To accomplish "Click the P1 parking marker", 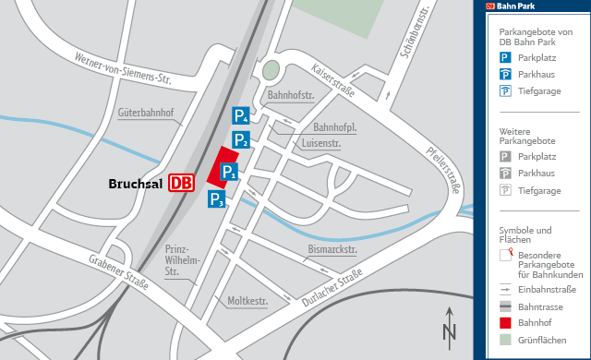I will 229,171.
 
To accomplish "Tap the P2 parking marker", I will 241,140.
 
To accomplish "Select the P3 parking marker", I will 216,199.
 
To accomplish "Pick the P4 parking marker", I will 240,116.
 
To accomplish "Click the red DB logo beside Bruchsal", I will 182,183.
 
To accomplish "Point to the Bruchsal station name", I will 136,184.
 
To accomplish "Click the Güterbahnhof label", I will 152,114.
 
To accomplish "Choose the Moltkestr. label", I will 247,301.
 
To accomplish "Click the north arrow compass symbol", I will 449,326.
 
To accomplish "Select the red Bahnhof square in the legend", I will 505,323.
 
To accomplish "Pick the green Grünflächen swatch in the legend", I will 505,340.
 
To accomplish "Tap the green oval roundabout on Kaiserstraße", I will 270,70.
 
